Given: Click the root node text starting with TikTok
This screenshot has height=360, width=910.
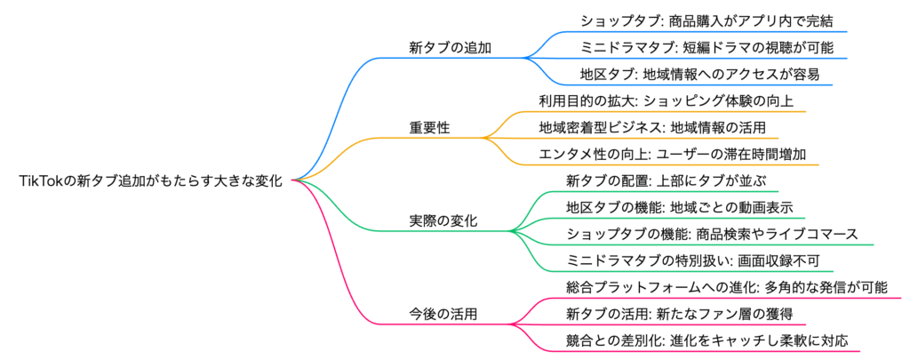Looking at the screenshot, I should [150, 181].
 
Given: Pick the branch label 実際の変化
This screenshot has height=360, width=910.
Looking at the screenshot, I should [443, 221].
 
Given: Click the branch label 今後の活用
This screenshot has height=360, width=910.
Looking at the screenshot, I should [443, 315].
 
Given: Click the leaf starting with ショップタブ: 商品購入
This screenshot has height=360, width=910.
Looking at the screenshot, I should [706, 20].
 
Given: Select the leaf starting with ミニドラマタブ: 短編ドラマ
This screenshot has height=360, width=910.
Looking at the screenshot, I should [706, 47].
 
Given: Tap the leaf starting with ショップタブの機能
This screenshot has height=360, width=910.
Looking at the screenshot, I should [712, 234].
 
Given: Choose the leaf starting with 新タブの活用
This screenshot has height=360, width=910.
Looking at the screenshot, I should [679, 314].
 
